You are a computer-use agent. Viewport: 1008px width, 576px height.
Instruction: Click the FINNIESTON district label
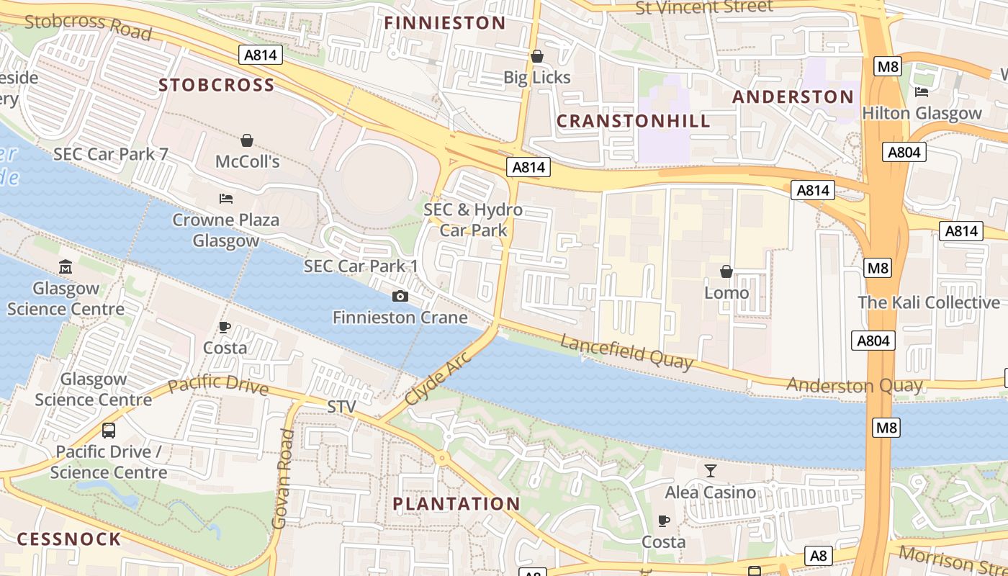tap(444, 23)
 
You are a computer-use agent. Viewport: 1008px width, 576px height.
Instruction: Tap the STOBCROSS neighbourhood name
tap(217, 86)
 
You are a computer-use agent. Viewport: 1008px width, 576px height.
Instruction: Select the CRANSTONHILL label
tap(634, 121)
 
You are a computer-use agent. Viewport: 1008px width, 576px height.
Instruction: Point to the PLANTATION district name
tap(456, 504)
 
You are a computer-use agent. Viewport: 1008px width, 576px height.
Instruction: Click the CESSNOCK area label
tap(69, 539)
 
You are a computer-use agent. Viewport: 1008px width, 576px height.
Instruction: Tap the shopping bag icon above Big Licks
tap(536, 56)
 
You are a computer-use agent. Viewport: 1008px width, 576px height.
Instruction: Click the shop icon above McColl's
tap(247, 140)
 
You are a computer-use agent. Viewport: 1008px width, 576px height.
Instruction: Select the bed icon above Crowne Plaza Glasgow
tap(225, 198)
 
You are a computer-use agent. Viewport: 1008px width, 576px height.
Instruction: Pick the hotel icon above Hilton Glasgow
tap(921, 91)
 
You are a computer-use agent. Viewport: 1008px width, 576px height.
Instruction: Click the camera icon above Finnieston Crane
tap(400, 296)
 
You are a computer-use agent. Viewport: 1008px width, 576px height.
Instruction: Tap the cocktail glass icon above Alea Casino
tap(711, 471)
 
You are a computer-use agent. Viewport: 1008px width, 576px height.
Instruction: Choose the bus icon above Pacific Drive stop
tap(109, 431)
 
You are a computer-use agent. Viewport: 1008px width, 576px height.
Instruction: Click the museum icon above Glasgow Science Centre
tap(66, 267)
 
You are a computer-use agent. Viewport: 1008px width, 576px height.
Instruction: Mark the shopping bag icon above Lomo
tap(726, 271)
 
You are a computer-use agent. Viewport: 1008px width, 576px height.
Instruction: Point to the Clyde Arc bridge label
tap(437, 377)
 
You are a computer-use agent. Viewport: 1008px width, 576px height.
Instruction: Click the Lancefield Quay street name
tap(626, 352)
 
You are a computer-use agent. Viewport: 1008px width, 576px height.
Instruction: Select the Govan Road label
tap(283, 479)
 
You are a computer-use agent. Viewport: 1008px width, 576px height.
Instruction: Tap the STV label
tap(341, 407)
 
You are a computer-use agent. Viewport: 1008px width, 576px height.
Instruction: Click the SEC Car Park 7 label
tap(110, 154)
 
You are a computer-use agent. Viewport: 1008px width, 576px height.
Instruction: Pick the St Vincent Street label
tap(704, 7)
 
